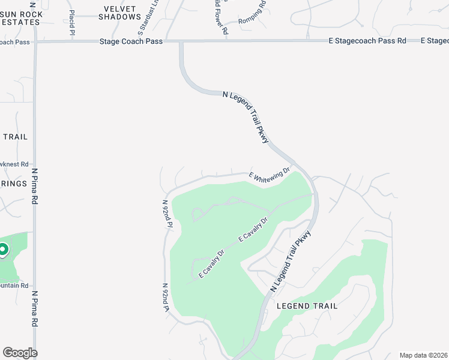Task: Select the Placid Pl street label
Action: pos(72,21)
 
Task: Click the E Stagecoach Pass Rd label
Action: pos(367,41)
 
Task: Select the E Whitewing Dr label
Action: pos(270,175)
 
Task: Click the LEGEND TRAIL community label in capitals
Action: pos(307,306)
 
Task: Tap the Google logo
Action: pos(20,353)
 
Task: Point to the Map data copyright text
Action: pos(423,355)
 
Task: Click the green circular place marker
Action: pos(2,249)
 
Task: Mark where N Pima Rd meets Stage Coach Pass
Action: pos(35,41)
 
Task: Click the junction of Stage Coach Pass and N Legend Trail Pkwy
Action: pos(180,41)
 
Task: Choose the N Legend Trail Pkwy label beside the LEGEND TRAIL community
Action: pos(292,262)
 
